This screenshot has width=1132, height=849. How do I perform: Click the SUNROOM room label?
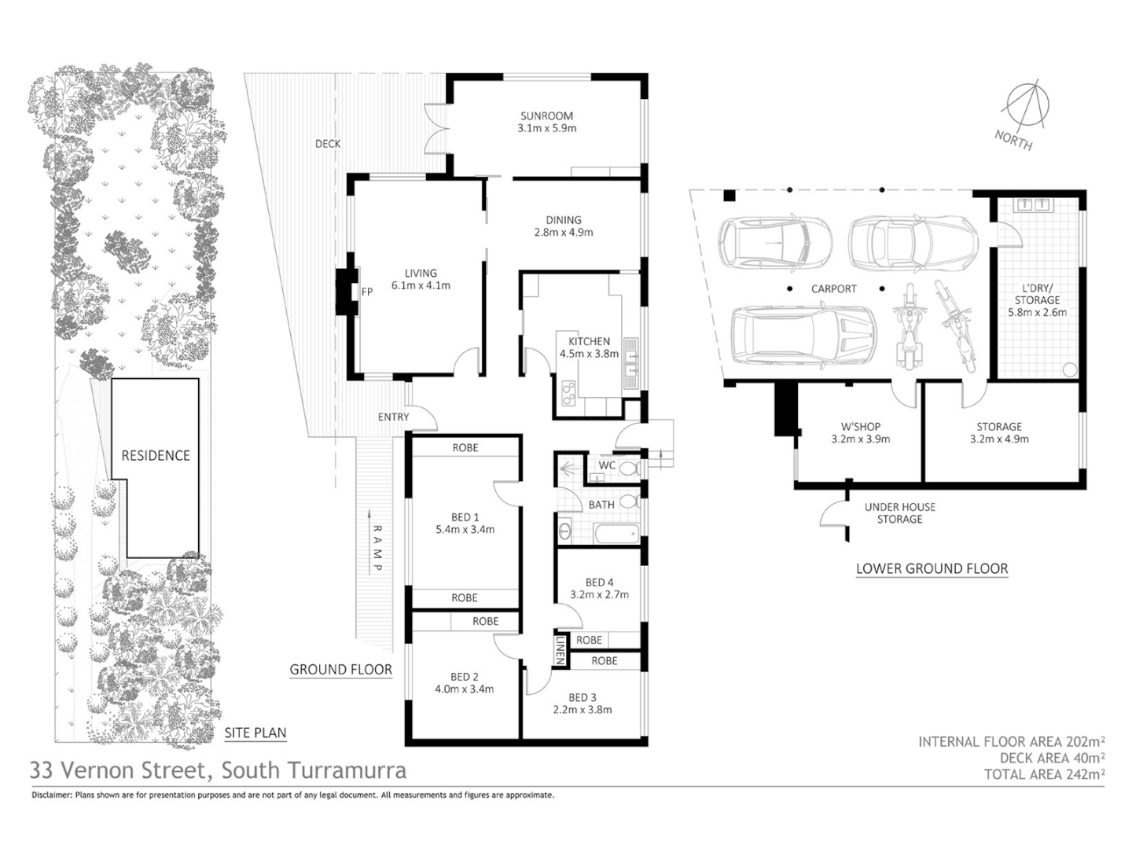pos(546,116)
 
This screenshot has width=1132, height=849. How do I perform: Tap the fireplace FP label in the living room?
pos(366,292)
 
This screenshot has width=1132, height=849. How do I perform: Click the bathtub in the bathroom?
pos(616,535)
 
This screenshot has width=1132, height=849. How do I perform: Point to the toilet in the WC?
pos(627,469)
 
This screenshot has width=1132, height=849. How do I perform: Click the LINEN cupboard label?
pos(560,650)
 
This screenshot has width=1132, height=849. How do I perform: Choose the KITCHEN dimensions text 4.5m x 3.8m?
pos(589,354)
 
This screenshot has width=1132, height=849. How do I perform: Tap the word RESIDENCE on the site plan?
pos(156,455)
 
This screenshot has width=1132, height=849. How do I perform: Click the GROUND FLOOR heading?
pos(340,670)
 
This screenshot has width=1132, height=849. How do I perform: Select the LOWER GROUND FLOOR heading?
pos(932,568)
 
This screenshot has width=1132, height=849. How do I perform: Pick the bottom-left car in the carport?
pos(802,334)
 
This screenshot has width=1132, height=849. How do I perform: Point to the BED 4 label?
pos(599,583)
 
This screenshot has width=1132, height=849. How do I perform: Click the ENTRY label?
pos(393,417)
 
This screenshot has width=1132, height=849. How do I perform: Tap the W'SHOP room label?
pos(860,427)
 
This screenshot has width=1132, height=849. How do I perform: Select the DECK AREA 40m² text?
pos(1052,758)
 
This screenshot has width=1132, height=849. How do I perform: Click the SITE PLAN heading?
pos(255,733)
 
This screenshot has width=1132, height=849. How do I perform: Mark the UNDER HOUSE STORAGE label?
pos(899,513)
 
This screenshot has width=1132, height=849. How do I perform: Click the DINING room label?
pos(564,220)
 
